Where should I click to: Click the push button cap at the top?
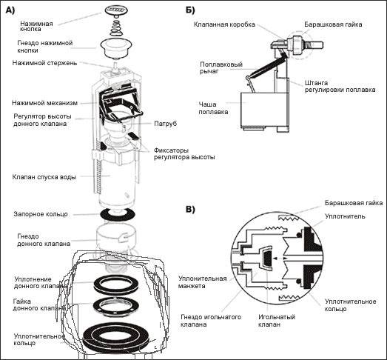pyautogui.click(x=115, y=10)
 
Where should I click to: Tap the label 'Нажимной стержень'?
pyautogui.click(x=44, y=63)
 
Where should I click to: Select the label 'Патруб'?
pyautogui.click(x=166, y=124)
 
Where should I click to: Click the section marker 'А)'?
pyautogui.click(x=10, y=10)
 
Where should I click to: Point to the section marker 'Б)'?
pyautogui.click(x=190, y=10)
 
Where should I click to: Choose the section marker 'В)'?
pyautogui.click(x=190, y=210)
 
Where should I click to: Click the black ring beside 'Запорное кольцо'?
pyautogui.click(x=117, y=214)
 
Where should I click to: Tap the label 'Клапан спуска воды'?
pyautogui.click(x=44, y=177)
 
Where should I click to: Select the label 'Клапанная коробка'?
pyautogui.click(x=224, y=24)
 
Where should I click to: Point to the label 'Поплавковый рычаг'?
pyautogui.click(x=221, y=68)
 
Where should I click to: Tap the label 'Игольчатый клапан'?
pyautogui.click(x=277, y=321)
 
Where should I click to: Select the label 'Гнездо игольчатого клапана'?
pyautogui.click(x=211, y=321)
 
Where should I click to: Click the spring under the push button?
pyautogui.click(x=116, y=27)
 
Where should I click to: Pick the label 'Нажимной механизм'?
pyautogui.click(x=44, y=103)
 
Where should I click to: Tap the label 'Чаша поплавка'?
pyautogui.click(x=213, y=108)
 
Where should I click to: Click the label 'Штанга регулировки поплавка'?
pyautogui.click(x=340, y=86)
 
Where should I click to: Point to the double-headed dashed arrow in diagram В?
pyautogui.click(x=279, y=259)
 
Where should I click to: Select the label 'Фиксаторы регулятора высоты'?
pyautogui.click(x=184, y=153)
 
